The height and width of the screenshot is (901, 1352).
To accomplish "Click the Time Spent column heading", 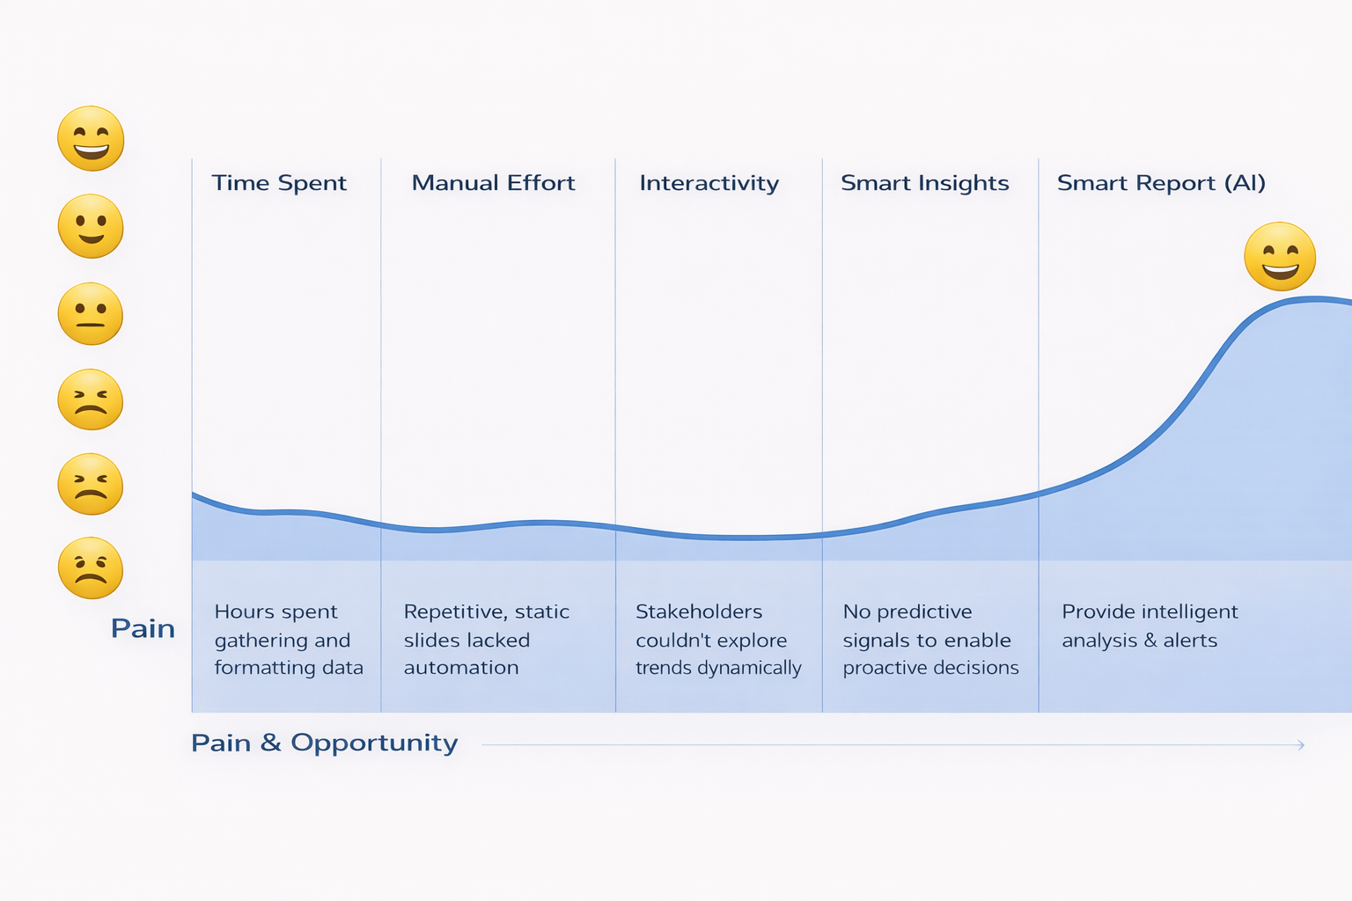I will [279, 183].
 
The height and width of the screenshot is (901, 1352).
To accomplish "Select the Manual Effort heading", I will [493, 183].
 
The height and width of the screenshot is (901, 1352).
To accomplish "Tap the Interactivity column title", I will [709, 183].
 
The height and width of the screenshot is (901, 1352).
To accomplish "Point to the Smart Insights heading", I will [924, 183].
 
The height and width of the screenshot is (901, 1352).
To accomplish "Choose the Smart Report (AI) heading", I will [1161, 183].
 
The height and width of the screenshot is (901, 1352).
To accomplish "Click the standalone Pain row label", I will [143, 628].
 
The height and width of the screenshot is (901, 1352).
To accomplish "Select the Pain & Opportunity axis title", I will [324, 743].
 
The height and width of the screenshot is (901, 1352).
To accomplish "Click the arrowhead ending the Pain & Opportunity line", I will [1301, 745].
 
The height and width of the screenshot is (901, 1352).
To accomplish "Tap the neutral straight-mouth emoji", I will [91, 313].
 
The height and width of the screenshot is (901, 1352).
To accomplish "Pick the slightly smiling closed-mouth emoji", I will [91, 226].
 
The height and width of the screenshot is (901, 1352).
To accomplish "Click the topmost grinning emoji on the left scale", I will [91, 139].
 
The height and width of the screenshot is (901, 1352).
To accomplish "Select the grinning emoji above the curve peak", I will [1280, 256].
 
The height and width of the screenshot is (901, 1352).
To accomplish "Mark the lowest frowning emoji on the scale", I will [91, 568].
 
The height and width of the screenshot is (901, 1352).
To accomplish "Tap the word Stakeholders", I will [699, 612].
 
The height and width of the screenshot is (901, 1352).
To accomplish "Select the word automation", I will [461, 668].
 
